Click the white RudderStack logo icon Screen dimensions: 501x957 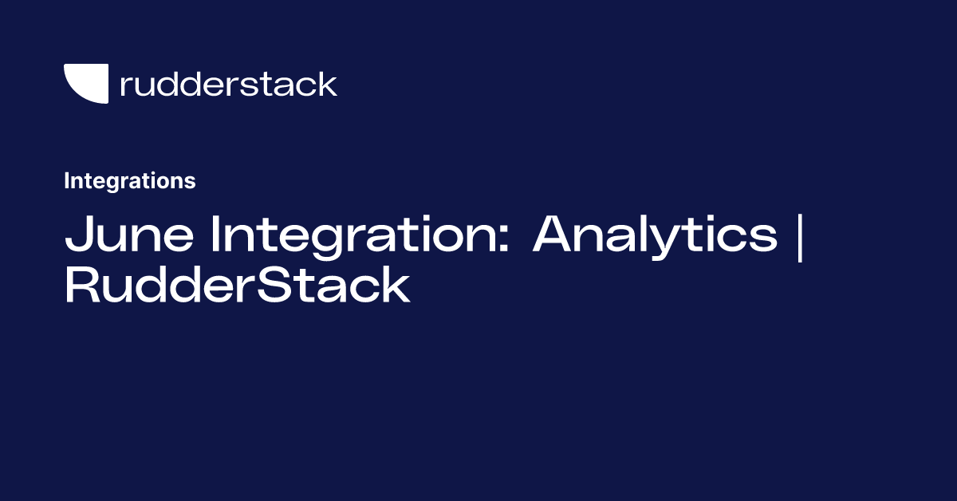pyautogui.click(x=85, y=83)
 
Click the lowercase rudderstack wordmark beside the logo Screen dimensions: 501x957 pyautogui.click(x=228, y=84)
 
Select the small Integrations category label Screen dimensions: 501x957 pyautogui.click(x=129, y=181)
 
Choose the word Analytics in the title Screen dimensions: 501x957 pyautogui.click(x=654, y=235)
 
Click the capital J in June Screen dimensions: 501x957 pyautogui.click(x=77, y=235)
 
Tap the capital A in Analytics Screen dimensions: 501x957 pyautogui.click(x=555, y=235)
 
